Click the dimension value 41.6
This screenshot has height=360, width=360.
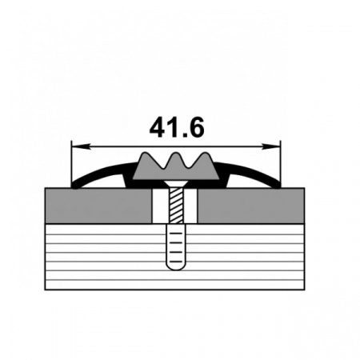click(x=177, y=127)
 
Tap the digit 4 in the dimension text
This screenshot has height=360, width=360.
click(x=158, y=127)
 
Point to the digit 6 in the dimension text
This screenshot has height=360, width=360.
click(x=196, y=127)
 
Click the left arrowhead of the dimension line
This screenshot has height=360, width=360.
click(x=81, y=146)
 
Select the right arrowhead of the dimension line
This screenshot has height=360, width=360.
click(x=271, y=146)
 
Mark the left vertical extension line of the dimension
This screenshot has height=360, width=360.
click(x=71, y=163)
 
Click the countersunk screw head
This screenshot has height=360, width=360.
click(x=176, y=183)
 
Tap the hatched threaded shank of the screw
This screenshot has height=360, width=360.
click(x=176, y=205)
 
